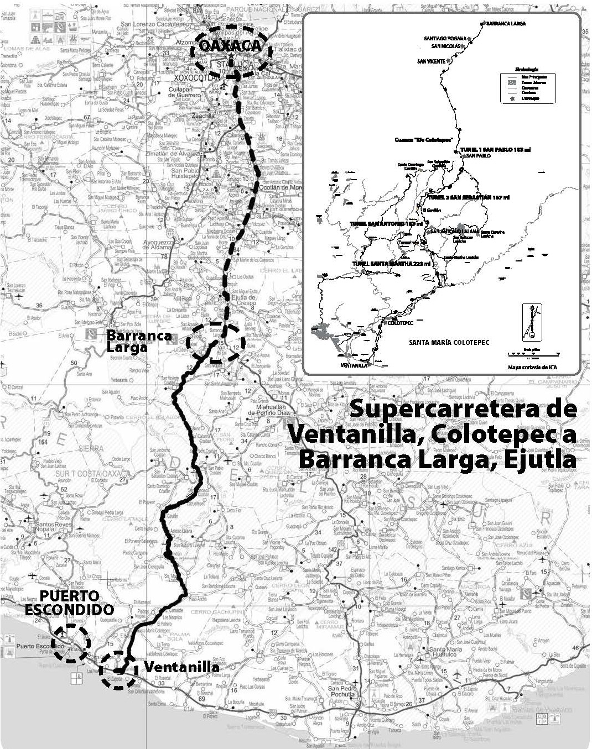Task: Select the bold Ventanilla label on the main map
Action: pyautogui.click(x=181, y=667)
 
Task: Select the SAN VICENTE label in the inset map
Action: pyautogui.click(x=431, y=61)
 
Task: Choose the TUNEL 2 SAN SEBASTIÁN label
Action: pyautogui.click(x=468, y=197)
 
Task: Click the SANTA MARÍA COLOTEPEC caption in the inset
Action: pyautogui.click(x=449, y=343)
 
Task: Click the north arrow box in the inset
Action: pyautogui.click(x=532, y=322)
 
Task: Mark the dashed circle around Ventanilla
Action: pyautogui.click(x=118, y=669)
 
